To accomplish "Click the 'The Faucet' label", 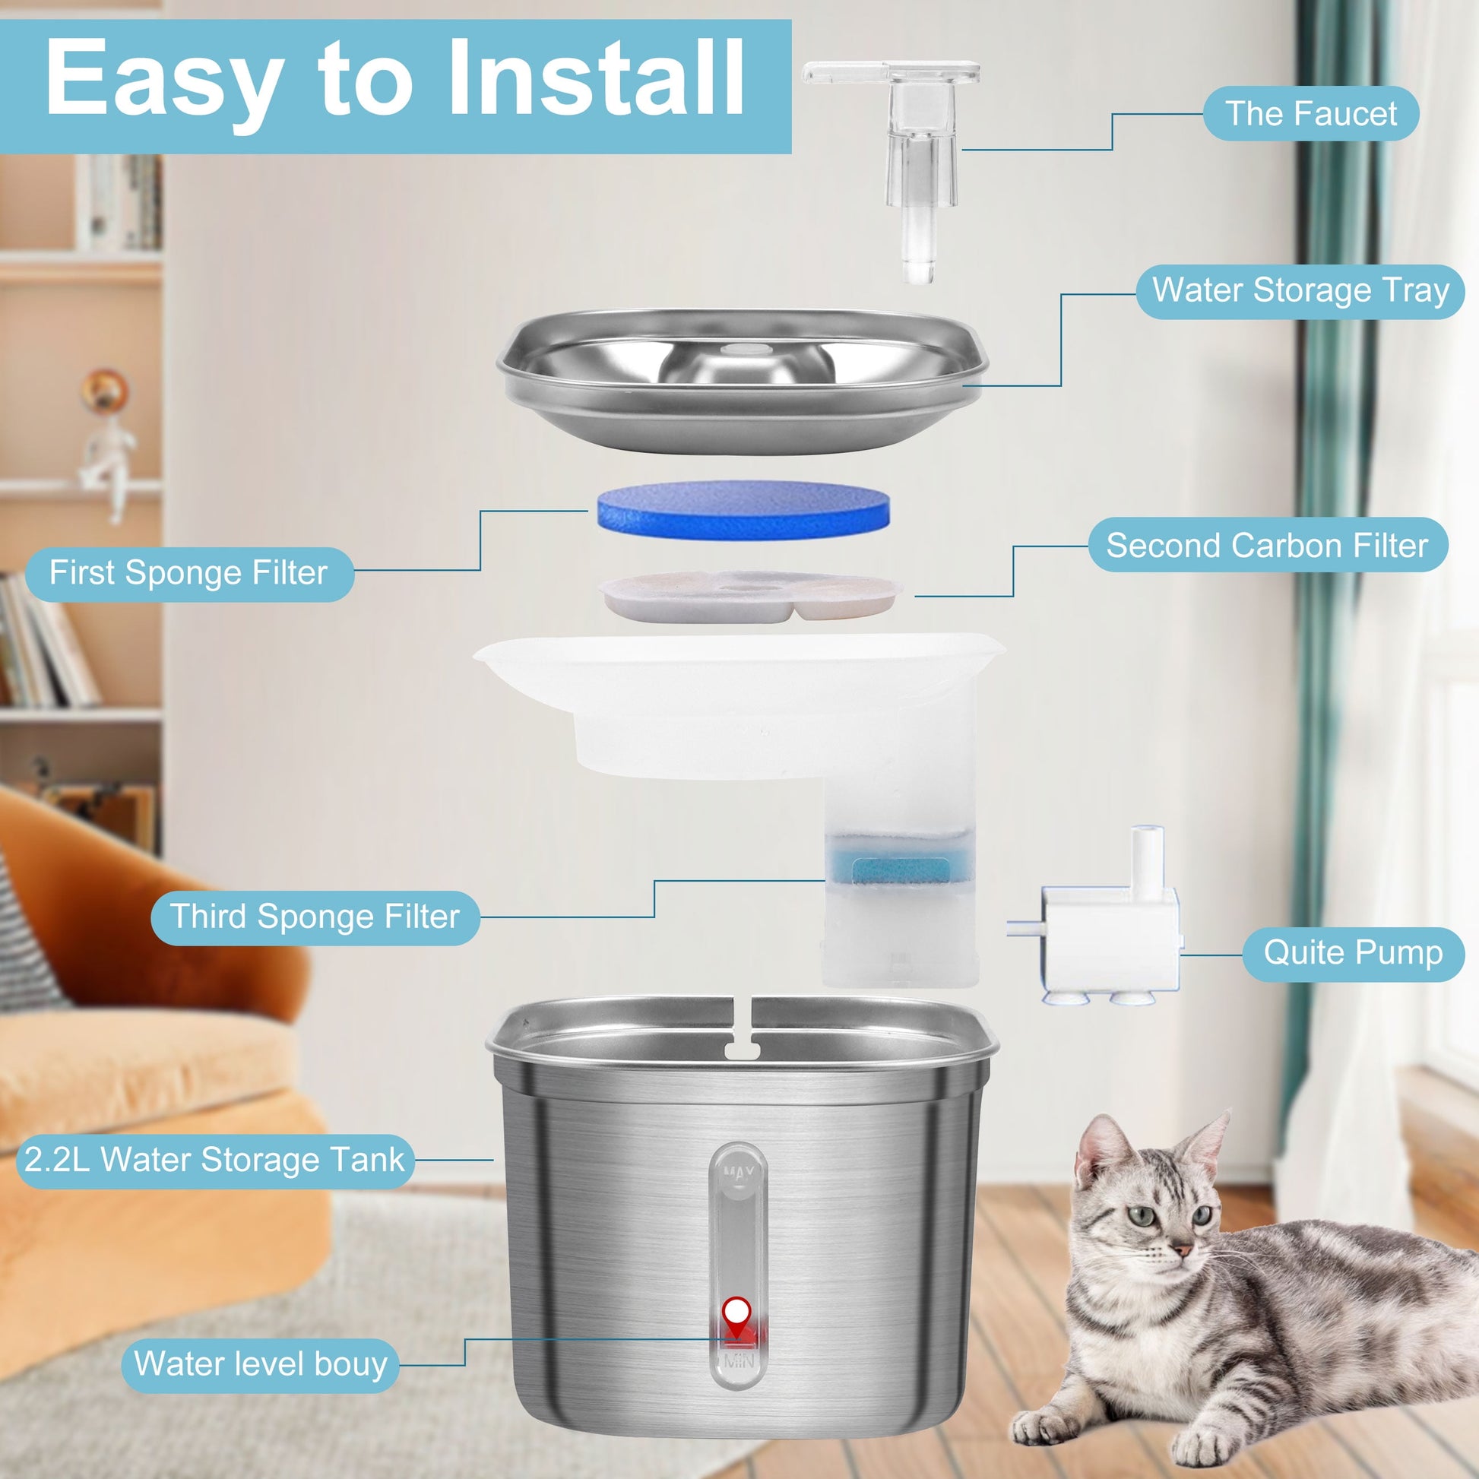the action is tap(1310, 114).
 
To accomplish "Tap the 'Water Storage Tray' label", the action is tap(1300, 291).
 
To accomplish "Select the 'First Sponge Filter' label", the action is tap(189, 573).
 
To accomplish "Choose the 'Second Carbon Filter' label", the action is tap(1268, 545).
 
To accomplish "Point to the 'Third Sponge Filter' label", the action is tap(315, 917).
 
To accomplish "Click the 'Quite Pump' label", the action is tap(1354, 954).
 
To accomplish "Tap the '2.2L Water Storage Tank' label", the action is tap(215, 1160).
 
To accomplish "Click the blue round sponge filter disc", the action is tap(743, 510).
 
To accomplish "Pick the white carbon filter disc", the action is tap(750, 596).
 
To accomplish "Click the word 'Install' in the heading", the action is tap(597, 79).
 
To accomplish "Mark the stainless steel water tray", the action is tap(743, 382).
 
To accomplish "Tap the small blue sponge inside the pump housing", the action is tap(901, 870).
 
